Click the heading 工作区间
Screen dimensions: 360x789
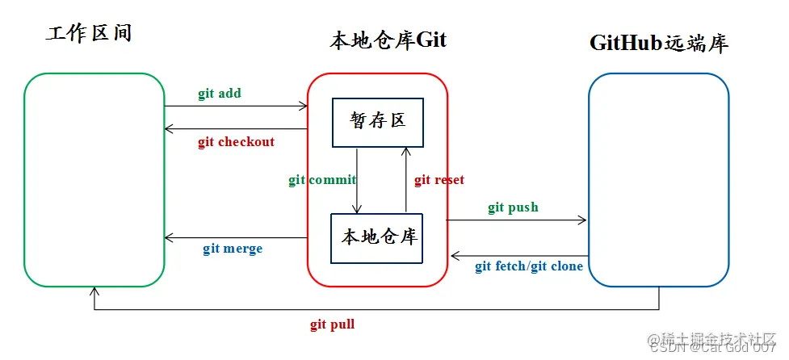click(89, 33)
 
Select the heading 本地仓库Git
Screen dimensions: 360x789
click(388, 41)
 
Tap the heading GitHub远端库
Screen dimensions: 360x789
click(659, 43)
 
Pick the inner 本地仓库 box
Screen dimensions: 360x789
click(377, 237)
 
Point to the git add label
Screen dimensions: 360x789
click(220, 93)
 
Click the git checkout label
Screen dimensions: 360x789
click(236, 142)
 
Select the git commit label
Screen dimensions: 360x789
click(322, 180)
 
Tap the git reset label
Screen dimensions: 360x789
click(439, 180)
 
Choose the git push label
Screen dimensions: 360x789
click(513, 207)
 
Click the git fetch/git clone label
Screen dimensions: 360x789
click(528, 266)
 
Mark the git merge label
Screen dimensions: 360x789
click(233, 249)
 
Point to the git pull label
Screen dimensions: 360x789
click(332, 324)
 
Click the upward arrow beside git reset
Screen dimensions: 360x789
click(405, 179)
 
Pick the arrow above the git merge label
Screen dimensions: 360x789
click(236, 238)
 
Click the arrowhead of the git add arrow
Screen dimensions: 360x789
click(304, 106)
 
